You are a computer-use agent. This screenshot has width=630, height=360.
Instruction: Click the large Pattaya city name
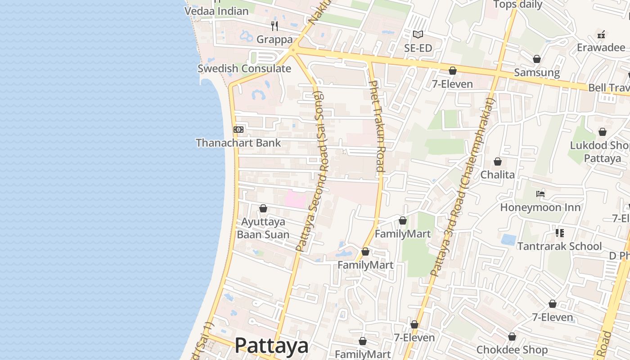tap(271, 346)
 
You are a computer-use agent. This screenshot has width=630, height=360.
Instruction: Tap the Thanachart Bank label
tap(238, 143)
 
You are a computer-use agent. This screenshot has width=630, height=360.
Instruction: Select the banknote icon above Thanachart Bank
tap(238, 130)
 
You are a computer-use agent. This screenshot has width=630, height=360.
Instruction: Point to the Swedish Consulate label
tap(244, 69)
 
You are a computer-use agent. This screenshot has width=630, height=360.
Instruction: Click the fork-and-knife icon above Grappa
tap(274, 26)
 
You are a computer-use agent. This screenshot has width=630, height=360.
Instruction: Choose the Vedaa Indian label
tap(216, 11)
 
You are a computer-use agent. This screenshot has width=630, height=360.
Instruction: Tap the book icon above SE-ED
tap(418, 34)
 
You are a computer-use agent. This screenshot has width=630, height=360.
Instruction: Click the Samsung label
tap(537, 72)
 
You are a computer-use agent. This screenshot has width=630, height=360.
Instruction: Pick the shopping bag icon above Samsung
tap(536, 59)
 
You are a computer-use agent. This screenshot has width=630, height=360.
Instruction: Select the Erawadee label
tap(601, 48)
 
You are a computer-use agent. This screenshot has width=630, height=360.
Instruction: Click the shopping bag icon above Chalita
tap(498, 162)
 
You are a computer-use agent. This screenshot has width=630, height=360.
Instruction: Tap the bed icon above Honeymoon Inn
tap(540, 194)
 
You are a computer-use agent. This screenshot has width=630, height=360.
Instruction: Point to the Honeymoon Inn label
tap(540, 207)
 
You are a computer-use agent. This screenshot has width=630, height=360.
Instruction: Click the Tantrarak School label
tap(559, 246)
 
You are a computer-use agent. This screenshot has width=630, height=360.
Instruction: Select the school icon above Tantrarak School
tap(560, 233)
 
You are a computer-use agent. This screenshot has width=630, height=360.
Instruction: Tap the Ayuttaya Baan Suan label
tap(263, 228)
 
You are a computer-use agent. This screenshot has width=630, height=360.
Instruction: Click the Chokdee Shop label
tap(512, 350)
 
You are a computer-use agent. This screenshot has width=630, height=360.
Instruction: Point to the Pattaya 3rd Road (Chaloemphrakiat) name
tap(463, 186)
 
